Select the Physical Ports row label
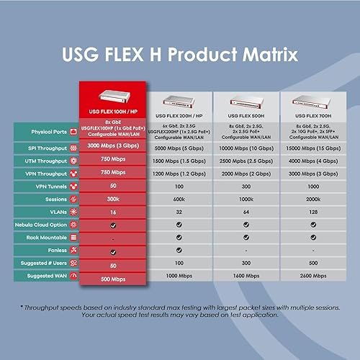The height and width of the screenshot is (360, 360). point(48,132)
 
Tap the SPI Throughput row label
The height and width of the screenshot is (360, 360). point(48,147)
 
